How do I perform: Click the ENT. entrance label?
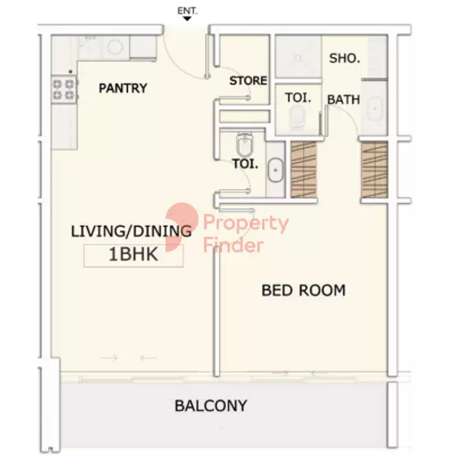[187, 11]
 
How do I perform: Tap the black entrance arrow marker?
[187, 19]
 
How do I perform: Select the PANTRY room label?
[123, 88]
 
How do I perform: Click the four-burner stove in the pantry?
[64, 89]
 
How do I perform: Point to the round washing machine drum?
[115, 48]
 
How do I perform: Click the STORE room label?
[248, 81]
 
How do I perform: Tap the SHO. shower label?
[344, 59]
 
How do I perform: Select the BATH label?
[344, 100]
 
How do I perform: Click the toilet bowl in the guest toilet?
[245, 144]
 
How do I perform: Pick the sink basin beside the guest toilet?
[275, 170]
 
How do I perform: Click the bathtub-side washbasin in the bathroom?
[375, 108]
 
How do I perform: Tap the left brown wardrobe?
[304, 170]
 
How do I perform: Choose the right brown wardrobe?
[374, 170]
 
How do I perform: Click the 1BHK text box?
[133, 255]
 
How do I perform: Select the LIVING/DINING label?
[131, 231]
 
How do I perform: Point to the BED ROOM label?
[304, 290]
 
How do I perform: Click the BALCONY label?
[211, 406]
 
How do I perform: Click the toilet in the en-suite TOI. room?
[297, 117]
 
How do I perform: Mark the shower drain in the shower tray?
[298, 58]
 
